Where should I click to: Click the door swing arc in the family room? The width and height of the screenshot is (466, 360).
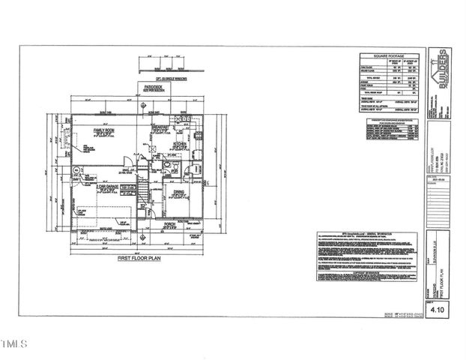(127, 160)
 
